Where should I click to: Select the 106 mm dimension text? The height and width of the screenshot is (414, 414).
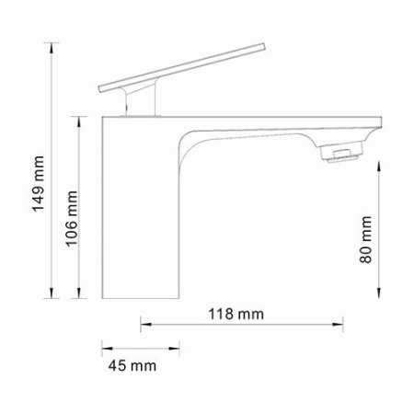72,221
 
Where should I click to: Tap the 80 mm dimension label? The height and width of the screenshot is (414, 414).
365,240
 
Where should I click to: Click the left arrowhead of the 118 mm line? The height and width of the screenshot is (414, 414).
144,324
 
